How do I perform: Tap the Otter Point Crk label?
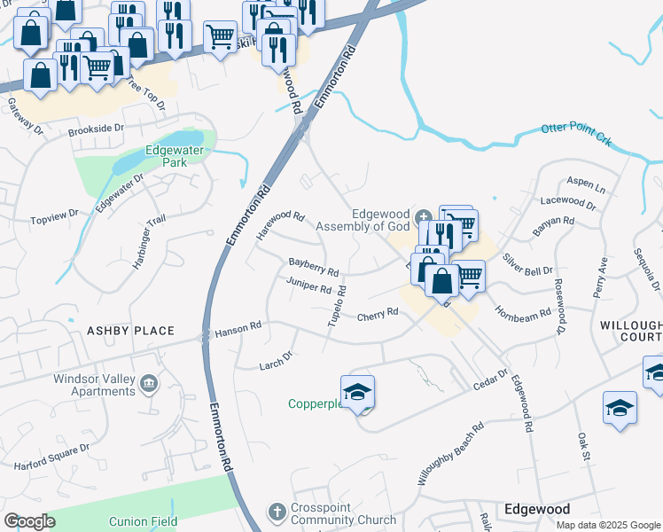pos(577,129)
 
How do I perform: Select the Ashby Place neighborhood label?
pos(130,331)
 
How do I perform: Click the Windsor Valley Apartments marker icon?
pos(149,383)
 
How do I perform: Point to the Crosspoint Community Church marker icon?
pos(276,512)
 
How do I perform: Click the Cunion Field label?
pos(144,522)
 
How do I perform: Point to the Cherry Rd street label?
pos(377,316)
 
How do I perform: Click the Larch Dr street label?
pos(276,361)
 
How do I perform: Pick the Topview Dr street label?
pos(55,215)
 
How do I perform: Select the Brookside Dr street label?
pos(96,129)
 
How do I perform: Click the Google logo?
pos(29,521)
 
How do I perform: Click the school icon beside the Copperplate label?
pos(357,391)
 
